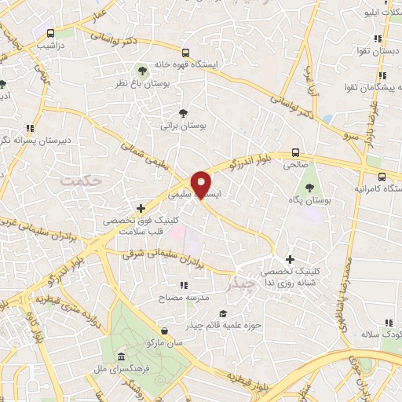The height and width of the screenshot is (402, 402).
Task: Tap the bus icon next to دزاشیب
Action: click(x=51, y=33)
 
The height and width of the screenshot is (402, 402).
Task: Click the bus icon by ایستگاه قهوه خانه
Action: click(x=185, y=53)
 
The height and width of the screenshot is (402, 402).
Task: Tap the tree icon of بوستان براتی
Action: click(x=183, y=113)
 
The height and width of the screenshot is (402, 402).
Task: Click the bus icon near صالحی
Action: click(x=295, y=152)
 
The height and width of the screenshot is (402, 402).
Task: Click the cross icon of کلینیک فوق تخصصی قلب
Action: click(x=141, y=208)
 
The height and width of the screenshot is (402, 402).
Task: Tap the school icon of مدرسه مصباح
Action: click(x=183, y=285)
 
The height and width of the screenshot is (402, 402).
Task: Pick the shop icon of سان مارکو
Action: click(x=163, y=331)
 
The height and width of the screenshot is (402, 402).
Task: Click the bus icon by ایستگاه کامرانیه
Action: click(x=381, y=177)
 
